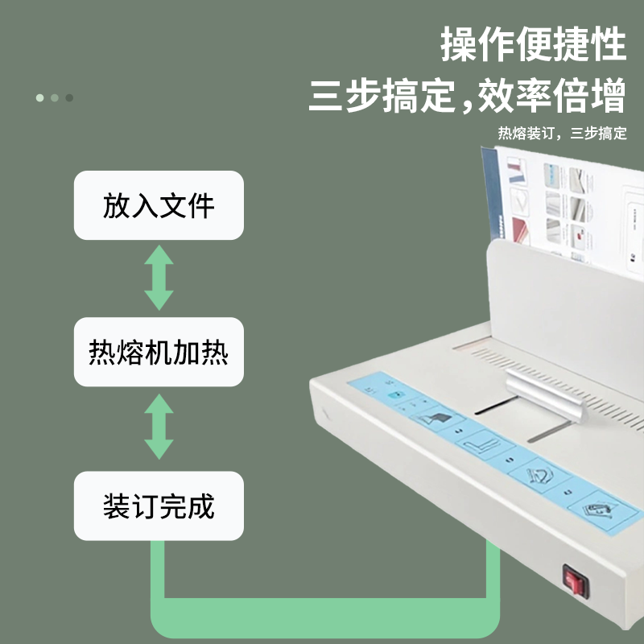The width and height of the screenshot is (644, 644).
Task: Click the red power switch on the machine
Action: point(573,578)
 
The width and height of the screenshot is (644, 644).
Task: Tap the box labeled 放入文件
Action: point(159,205)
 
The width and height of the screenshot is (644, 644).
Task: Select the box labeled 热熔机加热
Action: point(159,353)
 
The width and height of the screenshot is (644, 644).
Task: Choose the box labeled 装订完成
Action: point(159,506)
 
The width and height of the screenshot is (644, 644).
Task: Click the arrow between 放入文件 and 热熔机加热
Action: point(159,279)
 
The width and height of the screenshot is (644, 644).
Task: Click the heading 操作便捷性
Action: point(533,44)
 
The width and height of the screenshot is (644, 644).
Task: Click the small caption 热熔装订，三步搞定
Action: point(562,134)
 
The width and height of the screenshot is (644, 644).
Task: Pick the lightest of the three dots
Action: point(39,97)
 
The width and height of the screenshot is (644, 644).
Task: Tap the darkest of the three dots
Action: point(69,97)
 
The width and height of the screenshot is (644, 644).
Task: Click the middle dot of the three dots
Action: point(54,97)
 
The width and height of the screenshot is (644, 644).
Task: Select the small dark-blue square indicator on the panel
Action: point(394,395)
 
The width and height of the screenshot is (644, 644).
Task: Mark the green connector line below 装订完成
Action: point(322,616)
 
